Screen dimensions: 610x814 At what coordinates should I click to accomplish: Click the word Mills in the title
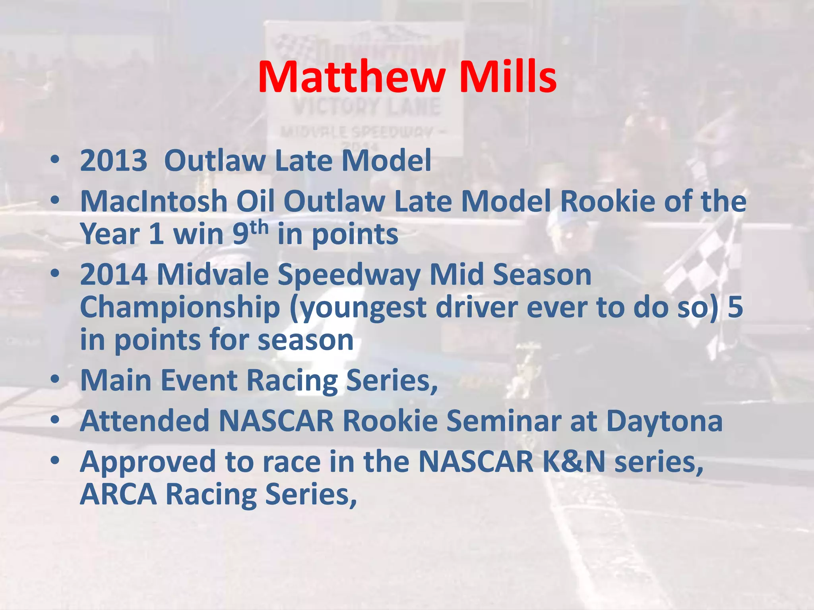[x=508, y=77]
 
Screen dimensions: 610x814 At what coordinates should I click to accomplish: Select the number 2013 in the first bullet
[x=114, y=161]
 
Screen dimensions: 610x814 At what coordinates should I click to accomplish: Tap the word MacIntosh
[x=154, y=201]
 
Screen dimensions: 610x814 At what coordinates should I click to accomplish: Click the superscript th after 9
[x=259, y=228]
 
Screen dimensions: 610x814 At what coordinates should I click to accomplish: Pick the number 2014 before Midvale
[x=114, y=275]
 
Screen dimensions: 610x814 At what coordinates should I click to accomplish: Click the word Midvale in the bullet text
[x=213, y=275]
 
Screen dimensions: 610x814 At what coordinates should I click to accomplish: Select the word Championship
[x=180, y=308]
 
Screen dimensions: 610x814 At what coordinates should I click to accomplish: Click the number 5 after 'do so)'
[x=735, y=308]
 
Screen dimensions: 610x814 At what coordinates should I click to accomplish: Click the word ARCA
[x=118, y=494]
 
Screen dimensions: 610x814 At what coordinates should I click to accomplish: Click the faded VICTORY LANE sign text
[x=366, y=106]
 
